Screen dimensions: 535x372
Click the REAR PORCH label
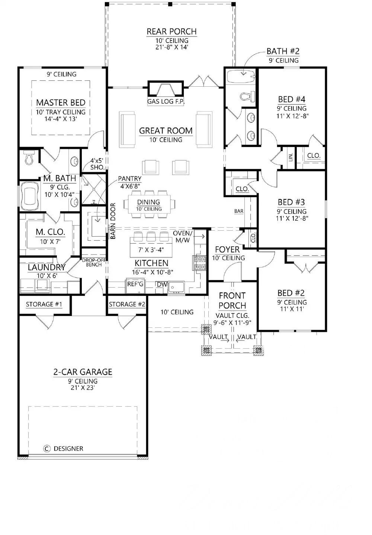[171, 32]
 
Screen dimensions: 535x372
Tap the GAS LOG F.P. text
[166, 101]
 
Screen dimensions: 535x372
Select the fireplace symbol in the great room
[166, 89]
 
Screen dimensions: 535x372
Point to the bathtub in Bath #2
[241, 77]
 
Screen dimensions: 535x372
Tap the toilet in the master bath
[28, 158]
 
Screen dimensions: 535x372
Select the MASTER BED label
[61, 102]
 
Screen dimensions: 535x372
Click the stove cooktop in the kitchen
[199, 263]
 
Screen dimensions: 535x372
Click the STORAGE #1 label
[44, 304]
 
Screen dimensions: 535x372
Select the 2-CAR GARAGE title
[83, 372]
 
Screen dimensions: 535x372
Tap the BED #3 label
[291, 202]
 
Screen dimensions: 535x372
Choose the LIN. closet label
[291, 157]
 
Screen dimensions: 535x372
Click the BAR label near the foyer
[239, 211]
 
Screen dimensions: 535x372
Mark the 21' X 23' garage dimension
[83, 388]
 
